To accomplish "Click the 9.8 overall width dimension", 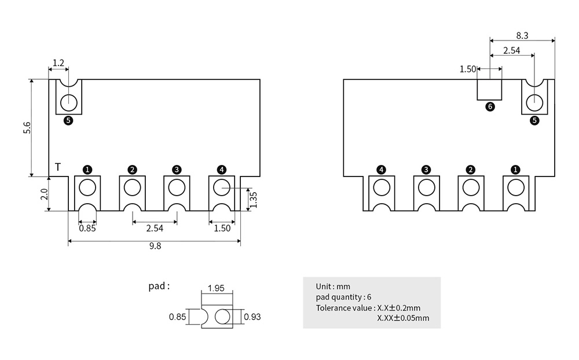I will (x=155, y=246).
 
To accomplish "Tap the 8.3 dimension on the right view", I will (x=522, y=35).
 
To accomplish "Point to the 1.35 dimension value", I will (x=253, y=199).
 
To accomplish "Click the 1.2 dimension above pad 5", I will (x=58, y=63).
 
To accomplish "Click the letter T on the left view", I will (x=58, y=167).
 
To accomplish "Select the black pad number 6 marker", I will (x=490, y=106).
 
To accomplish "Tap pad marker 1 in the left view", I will (x=87, y=170).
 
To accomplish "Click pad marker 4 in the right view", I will (x=381, y=170).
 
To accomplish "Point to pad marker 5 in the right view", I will (x=534, y=120).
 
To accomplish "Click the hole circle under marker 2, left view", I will (x=132, y=187).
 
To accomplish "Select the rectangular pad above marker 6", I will (x=489, y=90).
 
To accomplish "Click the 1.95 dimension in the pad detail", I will (x=216, y=288).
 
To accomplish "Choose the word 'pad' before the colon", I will (x=157, y=286).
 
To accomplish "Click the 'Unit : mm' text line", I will (x=333, y=286).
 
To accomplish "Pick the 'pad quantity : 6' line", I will (x=344, y=297).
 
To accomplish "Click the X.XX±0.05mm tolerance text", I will (x=403, y=318).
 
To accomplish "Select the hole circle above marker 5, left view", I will (x=68, y=102).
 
